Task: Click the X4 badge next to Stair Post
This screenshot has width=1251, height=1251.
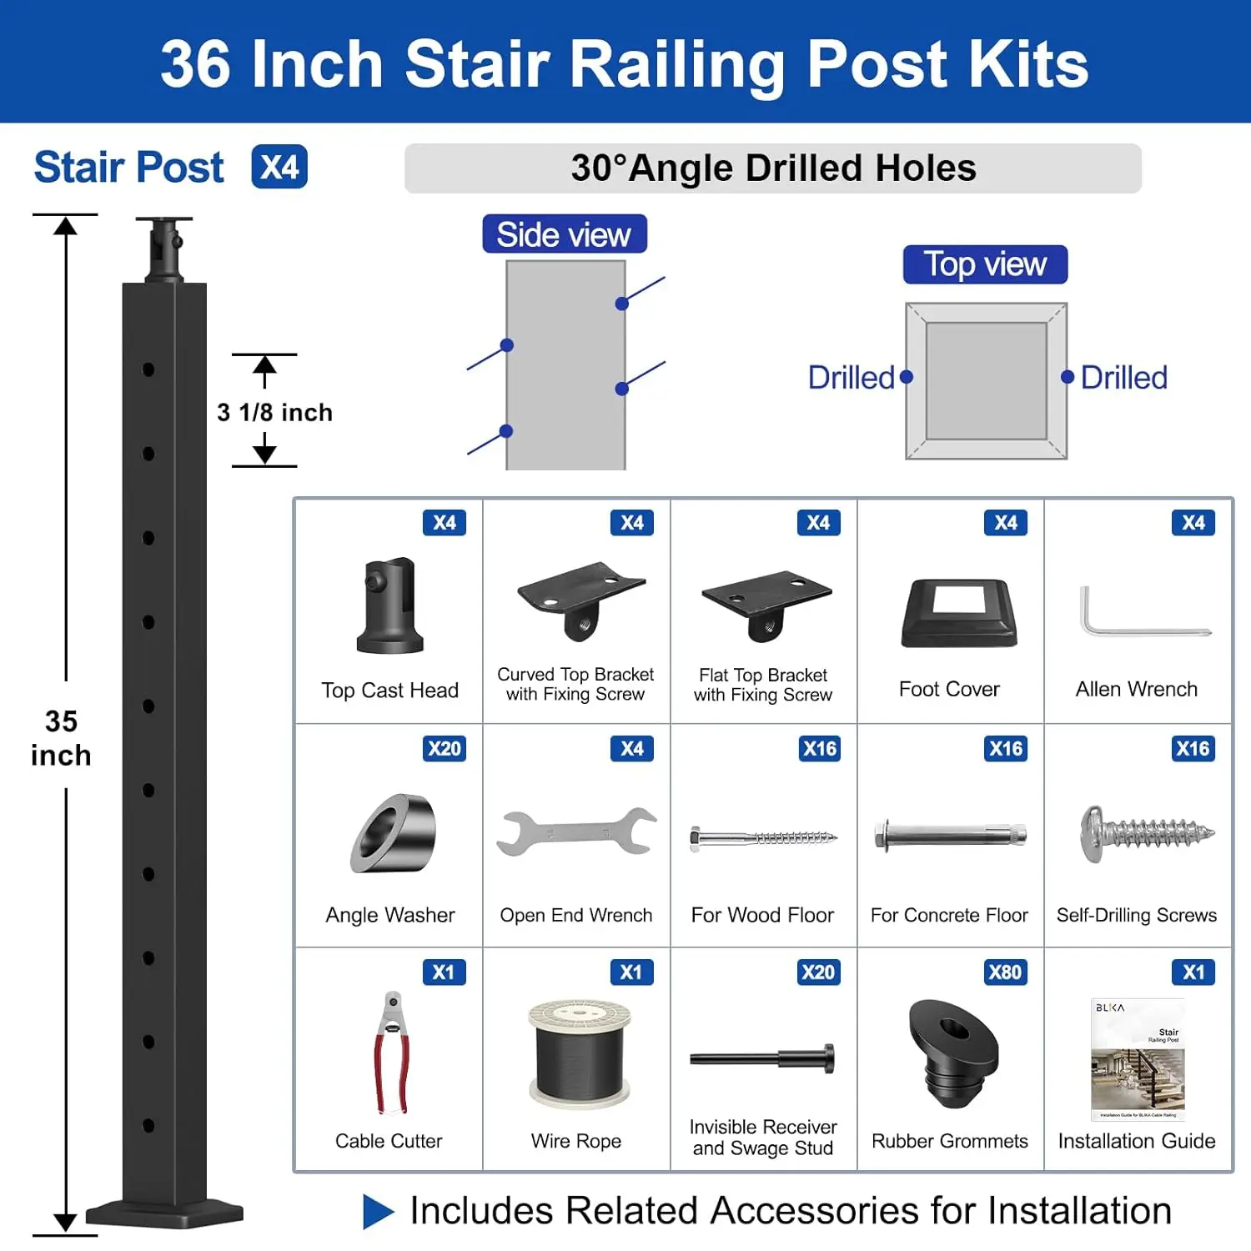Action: point(279,167)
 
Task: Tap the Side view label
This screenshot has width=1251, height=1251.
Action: point(564,234)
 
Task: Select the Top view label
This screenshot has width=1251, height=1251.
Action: point(985,264)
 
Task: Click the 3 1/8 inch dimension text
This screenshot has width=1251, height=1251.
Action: point(274,412)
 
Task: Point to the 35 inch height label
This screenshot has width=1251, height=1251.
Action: point(61,738)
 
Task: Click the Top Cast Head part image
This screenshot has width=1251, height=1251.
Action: point(390,605)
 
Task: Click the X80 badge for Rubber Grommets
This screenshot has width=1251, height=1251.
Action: point(1004,972)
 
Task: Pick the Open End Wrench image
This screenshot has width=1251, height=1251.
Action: point(576,832)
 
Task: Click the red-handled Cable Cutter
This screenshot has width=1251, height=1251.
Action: point(391,1053)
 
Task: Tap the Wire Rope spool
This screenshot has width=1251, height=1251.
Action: point(579,1053)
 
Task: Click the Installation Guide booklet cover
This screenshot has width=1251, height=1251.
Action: point(1138,1059)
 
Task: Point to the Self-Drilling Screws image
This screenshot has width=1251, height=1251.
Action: point(1147,833)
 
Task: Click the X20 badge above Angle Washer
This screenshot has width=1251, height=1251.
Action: point(444,748)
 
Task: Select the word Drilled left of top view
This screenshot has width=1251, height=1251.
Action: point(851,378)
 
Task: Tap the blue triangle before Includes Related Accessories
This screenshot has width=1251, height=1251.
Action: point(378,1211)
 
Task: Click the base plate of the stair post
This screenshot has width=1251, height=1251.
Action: point(164,1213)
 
